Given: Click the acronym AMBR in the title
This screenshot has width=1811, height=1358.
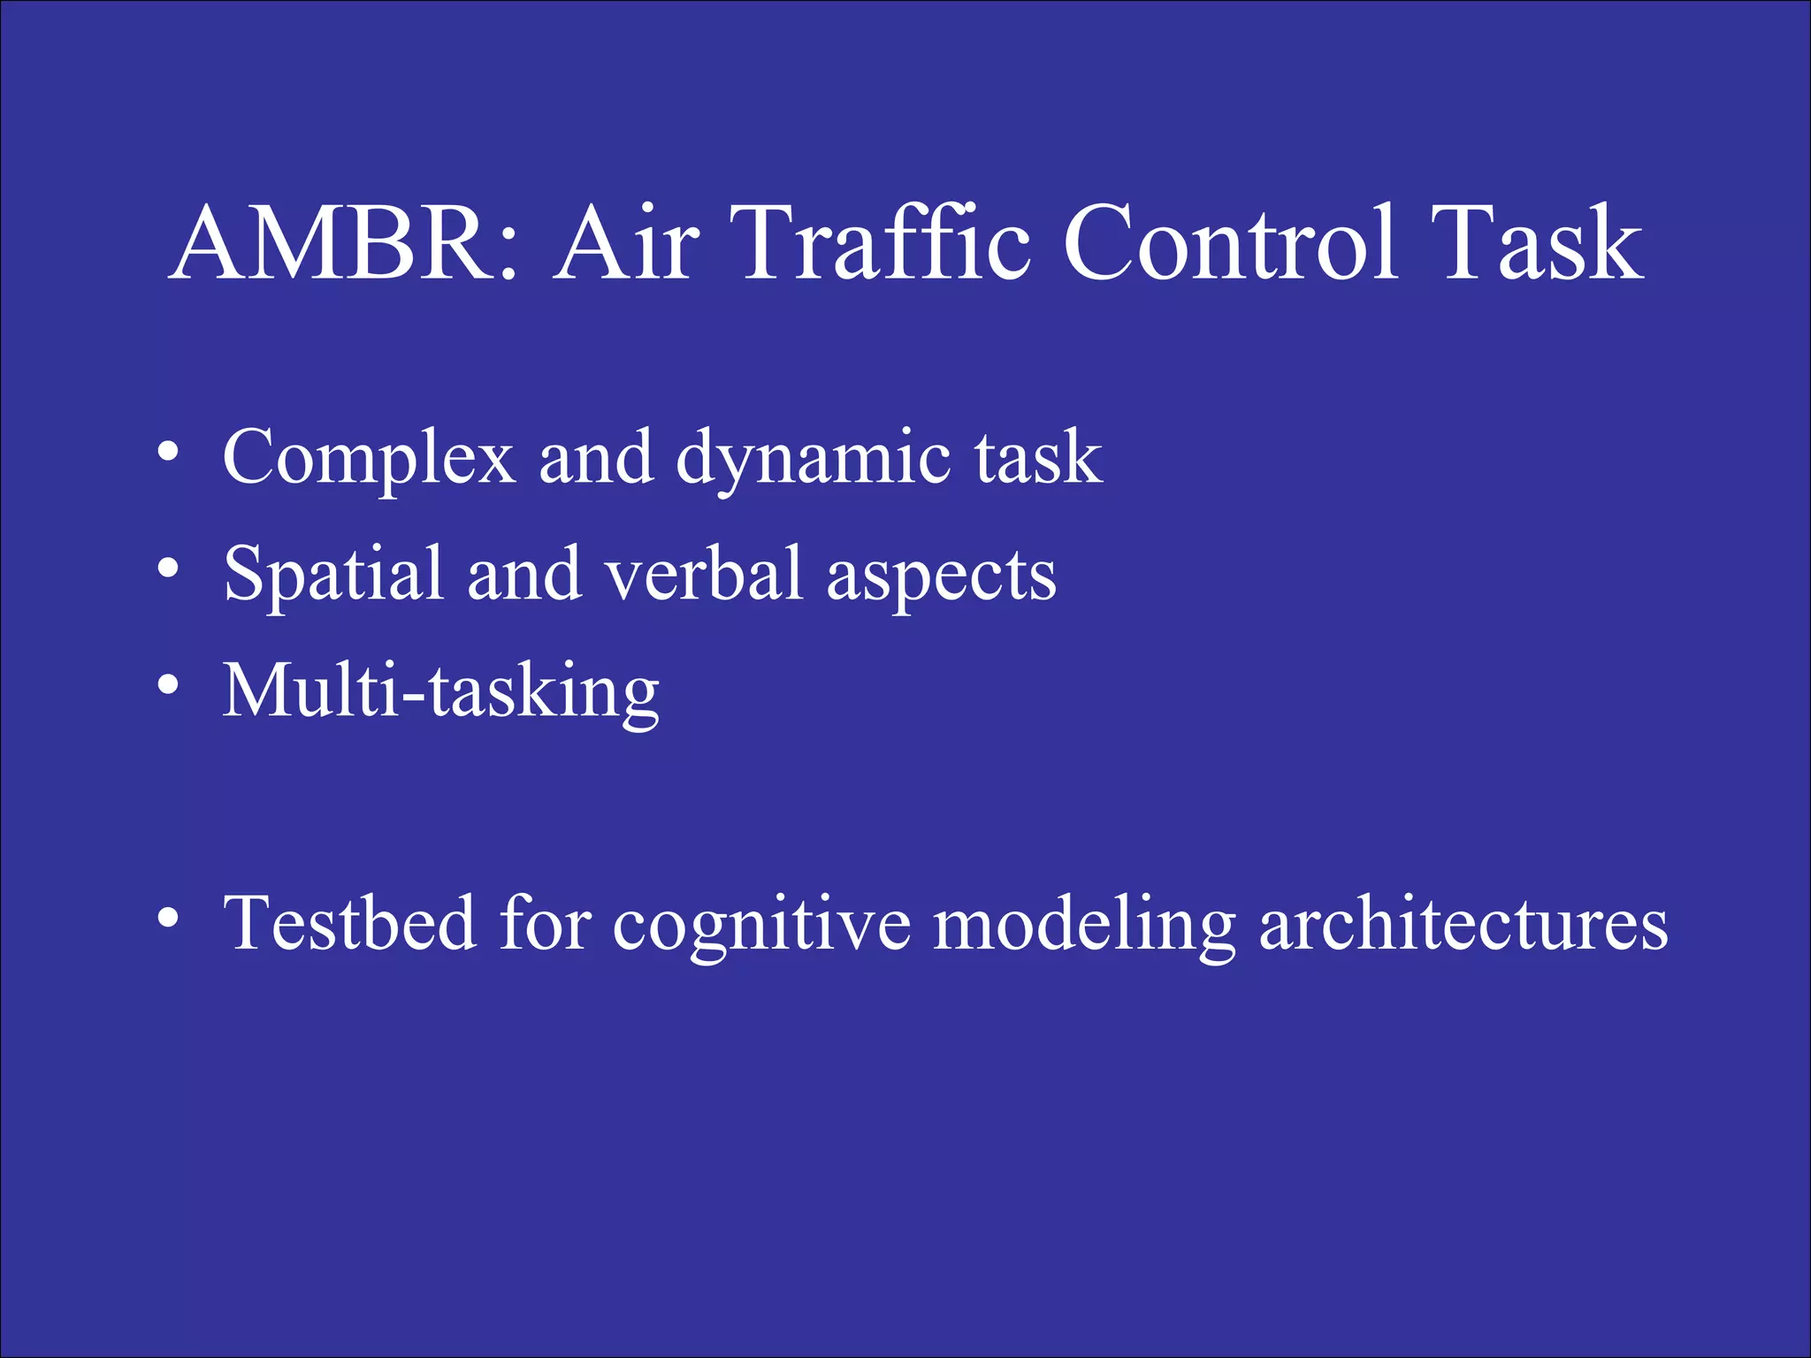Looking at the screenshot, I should [x=332, y=243].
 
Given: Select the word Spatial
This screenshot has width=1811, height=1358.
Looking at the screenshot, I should [x=332, y=575].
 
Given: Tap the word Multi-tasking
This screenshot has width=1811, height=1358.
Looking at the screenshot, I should [x=440, y=692].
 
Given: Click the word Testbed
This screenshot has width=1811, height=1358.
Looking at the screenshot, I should [x=349, y=923].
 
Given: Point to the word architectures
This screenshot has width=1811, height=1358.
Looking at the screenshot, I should [x=1463, y=925].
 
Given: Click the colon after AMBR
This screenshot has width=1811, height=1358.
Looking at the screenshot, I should [x=507, y=256].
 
